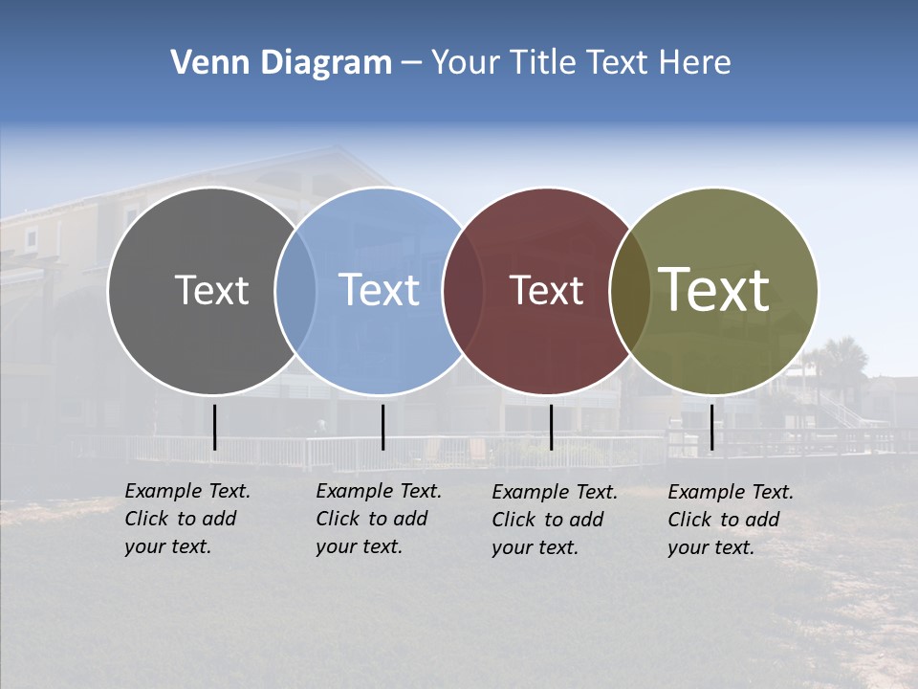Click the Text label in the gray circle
[211, 290]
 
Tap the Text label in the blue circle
[380, 290]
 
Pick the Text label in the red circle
[546, 290]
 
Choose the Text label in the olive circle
[714, 290]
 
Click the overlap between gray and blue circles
[295, 291]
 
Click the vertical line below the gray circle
[214, 427]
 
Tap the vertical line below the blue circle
[382, 427]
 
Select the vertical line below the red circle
[551, 427]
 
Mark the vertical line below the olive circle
[711, 427]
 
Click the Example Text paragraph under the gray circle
[187, 519]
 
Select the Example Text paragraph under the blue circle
[379, 519]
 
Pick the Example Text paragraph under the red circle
[555, 520]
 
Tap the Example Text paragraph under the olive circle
[731, 520]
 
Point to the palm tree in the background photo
[841, 359]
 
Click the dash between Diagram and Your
[411, 64]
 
